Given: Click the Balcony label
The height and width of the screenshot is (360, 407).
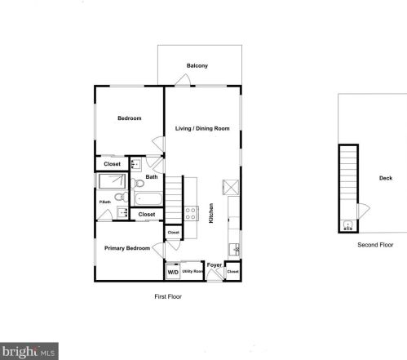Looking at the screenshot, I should [x=197, y=65].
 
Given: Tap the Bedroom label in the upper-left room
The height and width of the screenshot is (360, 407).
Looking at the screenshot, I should [x=129, y=119].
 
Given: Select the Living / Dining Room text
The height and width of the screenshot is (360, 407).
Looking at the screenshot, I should [x=202, y=128].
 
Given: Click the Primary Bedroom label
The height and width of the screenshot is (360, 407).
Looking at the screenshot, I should [x=126, y=247].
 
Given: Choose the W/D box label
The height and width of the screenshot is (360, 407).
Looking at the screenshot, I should [x=172, y=272].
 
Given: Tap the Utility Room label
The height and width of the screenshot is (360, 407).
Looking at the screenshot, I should [x=192, y=271].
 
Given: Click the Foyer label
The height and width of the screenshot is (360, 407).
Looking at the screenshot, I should [x=215, y=265].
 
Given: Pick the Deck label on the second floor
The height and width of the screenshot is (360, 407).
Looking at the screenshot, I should [x=385, y=178].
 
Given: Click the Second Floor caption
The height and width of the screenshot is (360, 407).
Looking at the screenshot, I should [x=375, y=244].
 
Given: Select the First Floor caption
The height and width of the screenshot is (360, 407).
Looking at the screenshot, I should [x=168, y=296].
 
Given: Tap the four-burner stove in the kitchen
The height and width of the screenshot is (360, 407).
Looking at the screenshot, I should [x=191, y=214].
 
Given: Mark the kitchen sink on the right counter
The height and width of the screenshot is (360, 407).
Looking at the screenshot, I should [x=234, y=247].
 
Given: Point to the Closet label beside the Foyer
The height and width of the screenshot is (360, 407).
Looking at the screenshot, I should [x=233, y=271].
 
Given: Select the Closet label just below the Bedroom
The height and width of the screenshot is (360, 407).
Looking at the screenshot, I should [x=112, y=164].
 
